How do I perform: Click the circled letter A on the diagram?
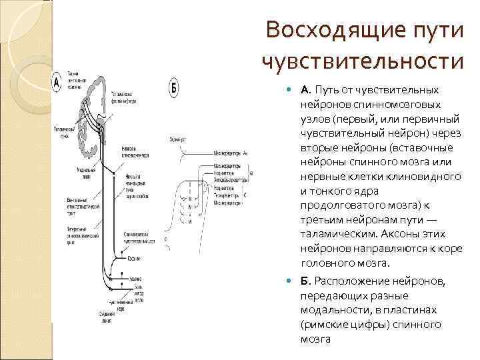pos(58,83)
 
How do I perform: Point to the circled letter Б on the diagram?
pos(174,87)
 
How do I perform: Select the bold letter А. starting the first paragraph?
pos(305,89)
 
